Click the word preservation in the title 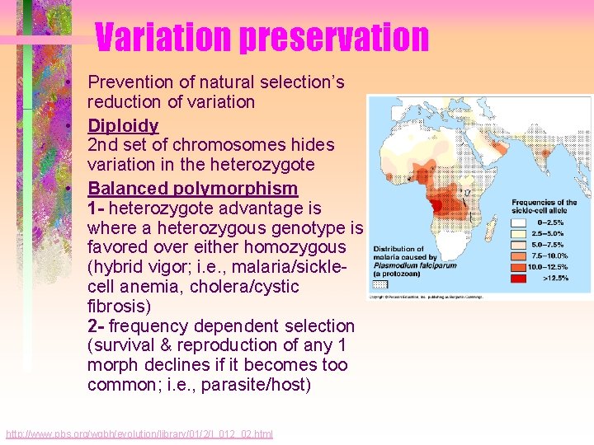[x=334, y=37]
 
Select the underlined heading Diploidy [x=123, y=125]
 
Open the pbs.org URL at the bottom [x=139, y=434]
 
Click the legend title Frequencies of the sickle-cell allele [x=544, y=206]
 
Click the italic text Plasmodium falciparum [x=410, y=265]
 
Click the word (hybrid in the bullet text [x=116, y=267]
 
